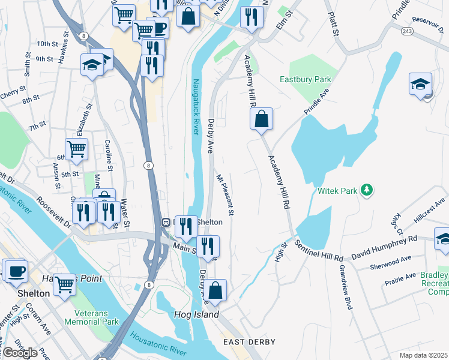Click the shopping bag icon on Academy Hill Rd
click(262, 119)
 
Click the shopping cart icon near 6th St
click(77, 149)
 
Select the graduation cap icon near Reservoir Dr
click(421, 84)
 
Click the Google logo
click(20, 353)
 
